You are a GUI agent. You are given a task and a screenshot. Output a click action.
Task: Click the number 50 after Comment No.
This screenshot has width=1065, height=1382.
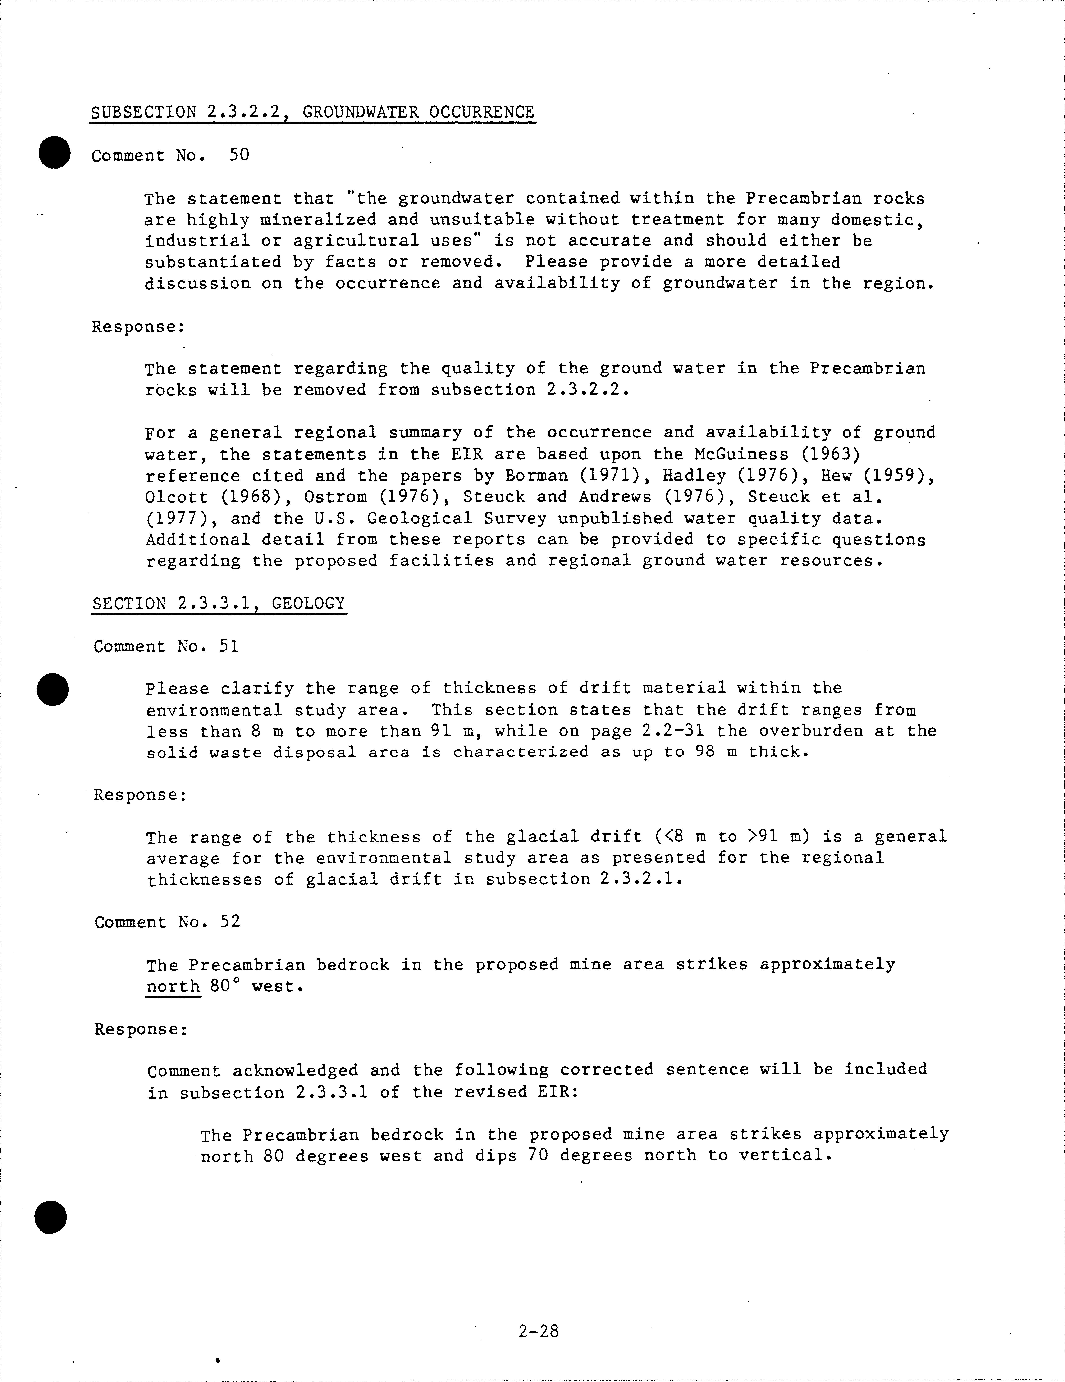pos(239,155)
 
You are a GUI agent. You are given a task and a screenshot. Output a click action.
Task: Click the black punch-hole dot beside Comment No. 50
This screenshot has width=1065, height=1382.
pos(54,152)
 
